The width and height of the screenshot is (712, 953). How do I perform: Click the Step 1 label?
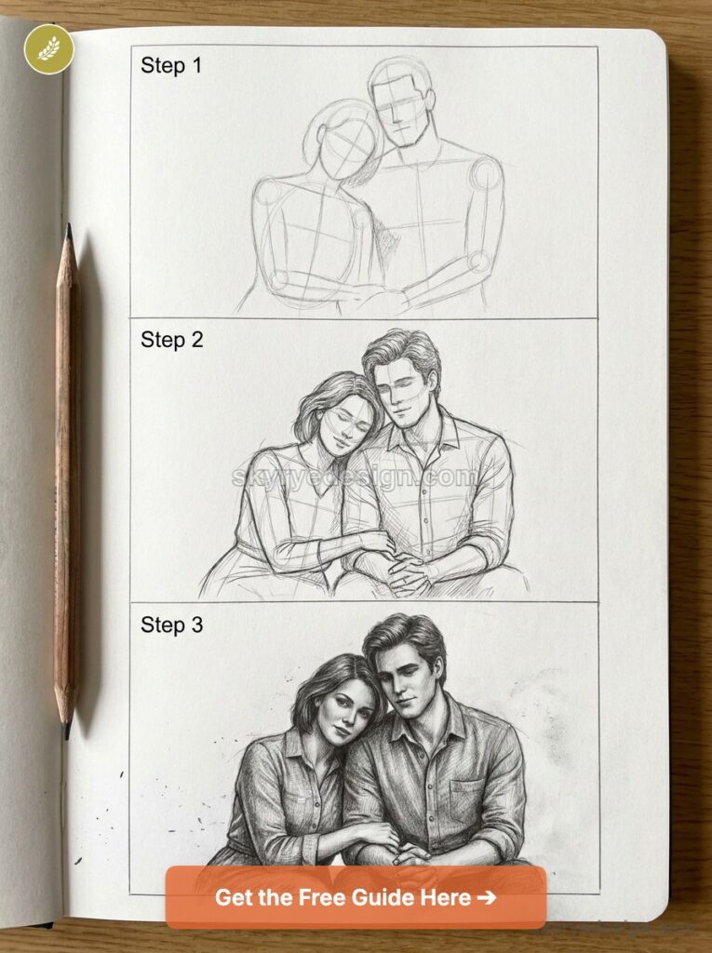pos(170,66)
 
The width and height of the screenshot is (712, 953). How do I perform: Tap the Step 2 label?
pos(171,341)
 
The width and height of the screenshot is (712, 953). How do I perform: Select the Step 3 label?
pos(171,625)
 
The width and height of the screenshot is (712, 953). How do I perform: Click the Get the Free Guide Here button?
pos(356,897)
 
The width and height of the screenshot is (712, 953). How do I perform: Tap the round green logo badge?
pos(48,49)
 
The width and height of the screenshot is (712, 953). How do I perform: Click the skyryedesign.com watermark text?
pos(355,477)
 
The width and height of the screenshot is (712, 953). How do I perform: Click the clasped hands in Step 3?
pos(400,852)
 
